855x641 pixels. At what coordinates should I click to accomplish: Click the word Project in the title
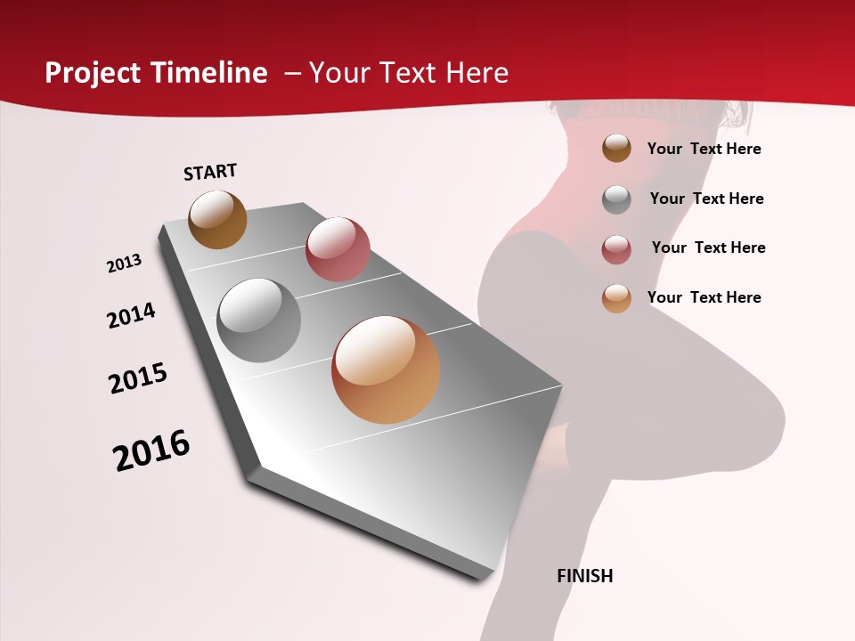click(x=93, y=73)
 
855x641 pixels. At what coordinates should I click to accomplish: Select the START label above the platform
click(x=210, y=172)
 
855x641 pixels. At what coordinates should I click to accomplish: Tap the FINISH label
click(x=584, y=576)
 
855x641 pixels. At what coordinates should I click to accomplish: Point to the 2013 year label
click(x=125, y=264)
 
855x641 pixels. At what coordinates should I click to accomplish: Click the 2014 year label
click(x=132, y=315)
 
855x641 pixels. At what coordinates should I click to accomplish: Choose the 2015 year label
click(x=138, y=377)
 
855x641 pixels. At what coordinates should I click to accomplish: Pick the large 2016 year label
click(x=151, y=450)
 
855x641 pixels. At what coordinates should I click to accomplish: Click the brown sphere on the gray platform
click(x=217, y=219)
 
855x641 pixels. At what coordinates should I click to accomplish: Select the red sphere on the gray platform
click(x=338, y=249)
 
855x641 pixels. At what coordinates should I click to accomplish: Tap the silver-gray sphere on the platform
click(x=259, y=320)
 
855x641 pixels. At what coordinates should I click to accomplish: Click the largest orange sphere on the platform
click(x=386, y=369)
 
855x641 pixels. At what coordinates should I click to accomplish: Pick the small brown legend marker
click(x=616, y=149)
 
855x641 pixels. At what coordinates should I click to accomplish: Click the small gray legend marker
click(x=616, y=199)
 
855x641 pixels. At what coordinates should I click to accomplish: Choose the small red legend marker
click(x=616, y=249)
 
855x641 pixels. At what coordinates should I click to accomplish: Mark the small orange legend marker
click(x=616, y=298)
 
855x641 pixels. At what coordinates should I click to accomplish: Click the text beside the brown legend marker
click(x=704, y=149)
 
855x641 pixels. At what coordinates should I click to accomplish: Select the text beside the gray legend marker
click(x=706, y=199)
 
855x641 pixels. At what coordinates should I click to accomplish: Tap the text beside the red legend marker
click(x=708, y=247)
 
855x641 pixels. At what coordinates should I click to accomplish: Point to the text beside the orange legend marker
click(x=704, y=297)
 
